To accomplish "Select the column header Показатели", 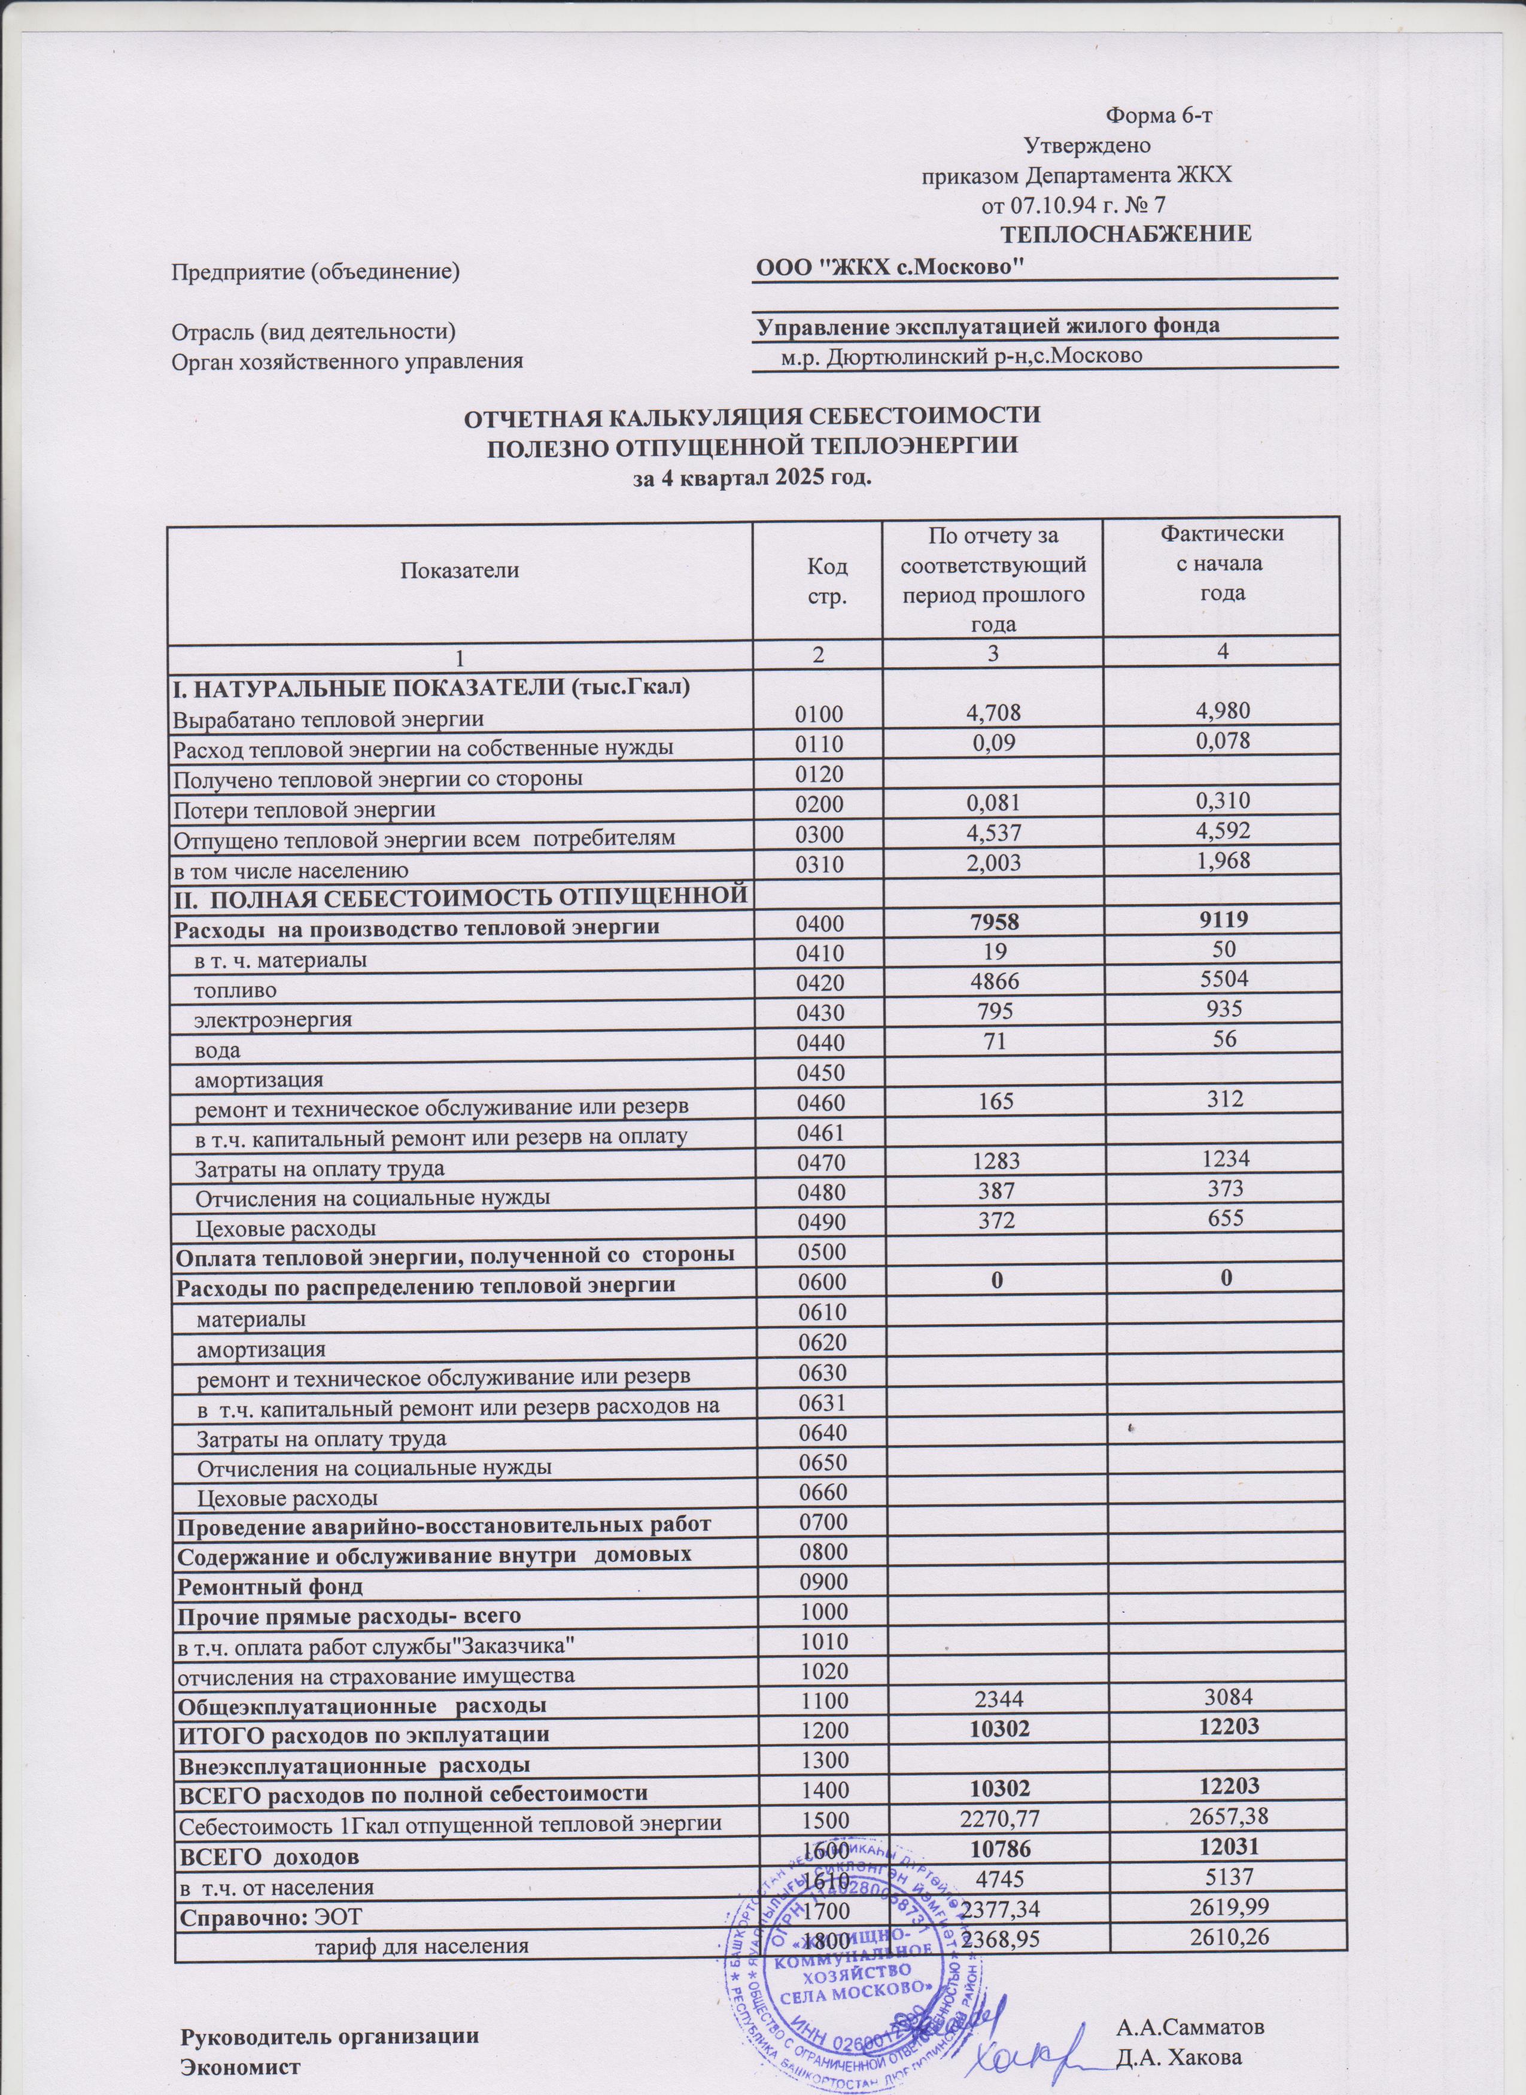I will (459, 570).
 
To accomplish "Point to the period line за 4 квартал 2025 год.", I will (750, 479).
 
